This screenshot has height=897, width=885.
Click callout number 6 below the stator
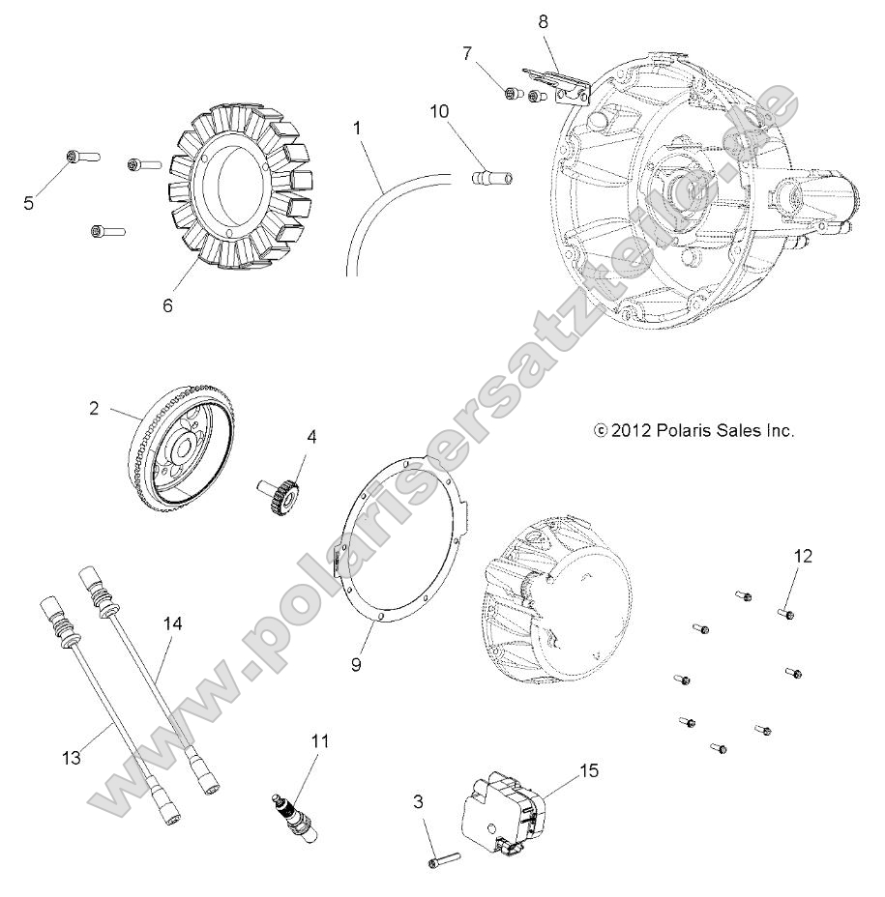(x=167, y=304)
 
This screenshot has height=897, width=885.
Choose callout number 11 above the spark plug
(x=320, y=741)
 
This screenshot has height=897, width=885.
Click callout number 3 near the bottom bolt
(x=417, y=801)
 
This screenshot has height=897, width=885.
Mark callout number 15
(x=589, y=770)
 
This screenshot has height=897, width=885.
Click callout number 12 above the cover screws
(x=804, y=556)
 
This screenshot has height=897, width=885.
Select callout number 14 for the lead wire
(x=172, y=624)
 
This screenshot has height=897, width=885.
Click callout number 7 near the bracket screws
(x=468, y=52)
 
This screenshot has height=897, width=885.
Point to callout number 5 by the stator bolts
(x=29, y=202)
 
